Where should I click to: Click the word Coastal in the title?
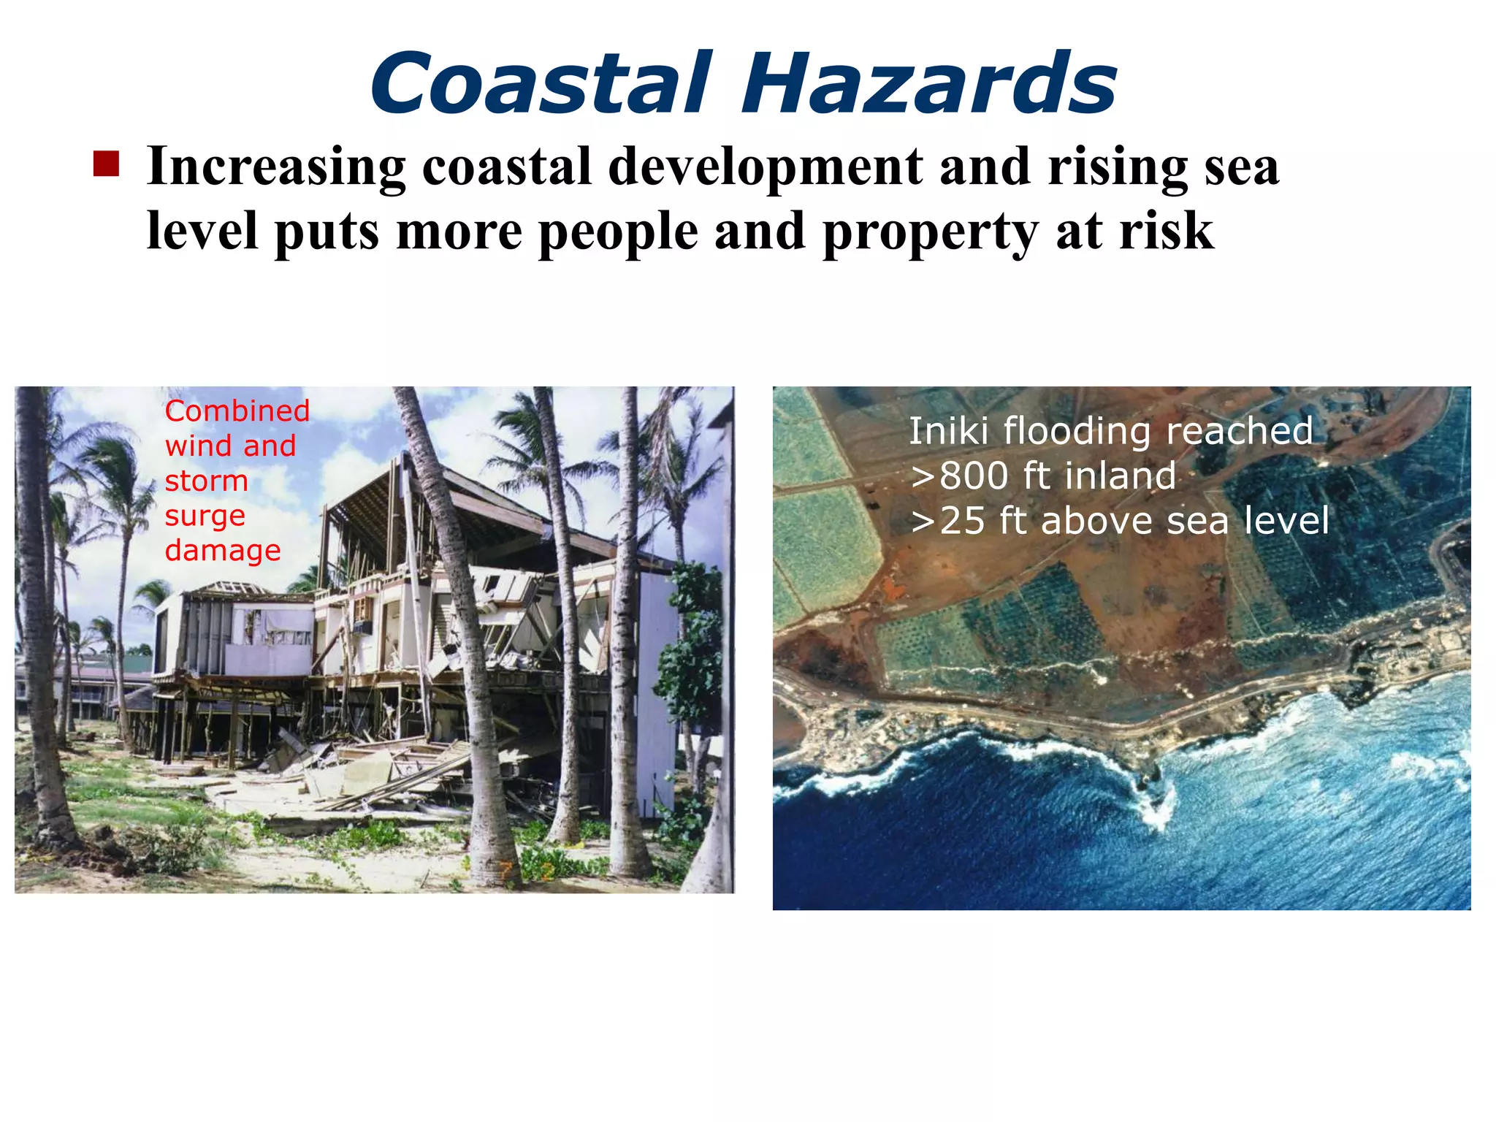pyautogui.click(x=541, y=83)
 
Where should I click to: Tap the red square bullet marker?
pyautogui.click(x=107, y=164)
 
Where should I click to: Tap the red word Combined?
pyautogui.click(x=237, y=411)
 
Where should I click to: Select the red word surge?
pyautogui.click(x=205, y=516)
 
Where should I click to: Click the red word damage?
pyautogui.click(x=223, y=551)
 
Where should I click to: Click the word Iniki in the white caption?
pyautogui.click(x=949, y=431)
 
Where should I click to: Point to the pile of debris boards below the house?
pyautogui.click(x=380, y=774)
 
